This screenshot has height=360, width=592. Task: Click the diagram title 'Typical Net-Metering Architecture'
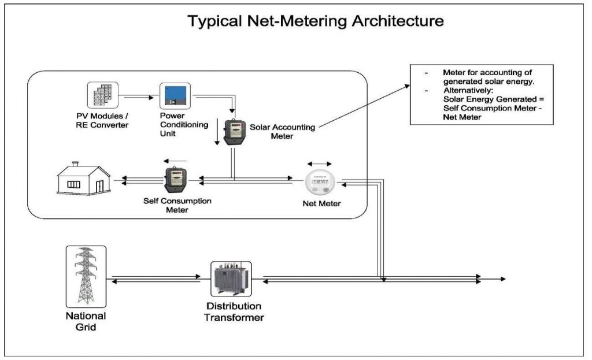[x=316, y=21]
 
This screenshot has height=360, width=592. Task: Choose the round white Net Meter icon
[x=320, y=184]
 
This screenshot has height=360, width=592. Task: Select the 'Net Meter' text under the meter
[x=321, y=204]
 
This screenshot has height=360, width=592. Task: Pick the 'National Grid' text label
[x=85, y=321]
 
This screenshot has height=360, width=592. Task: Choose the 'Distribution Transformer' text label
[x=234, y=311]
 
